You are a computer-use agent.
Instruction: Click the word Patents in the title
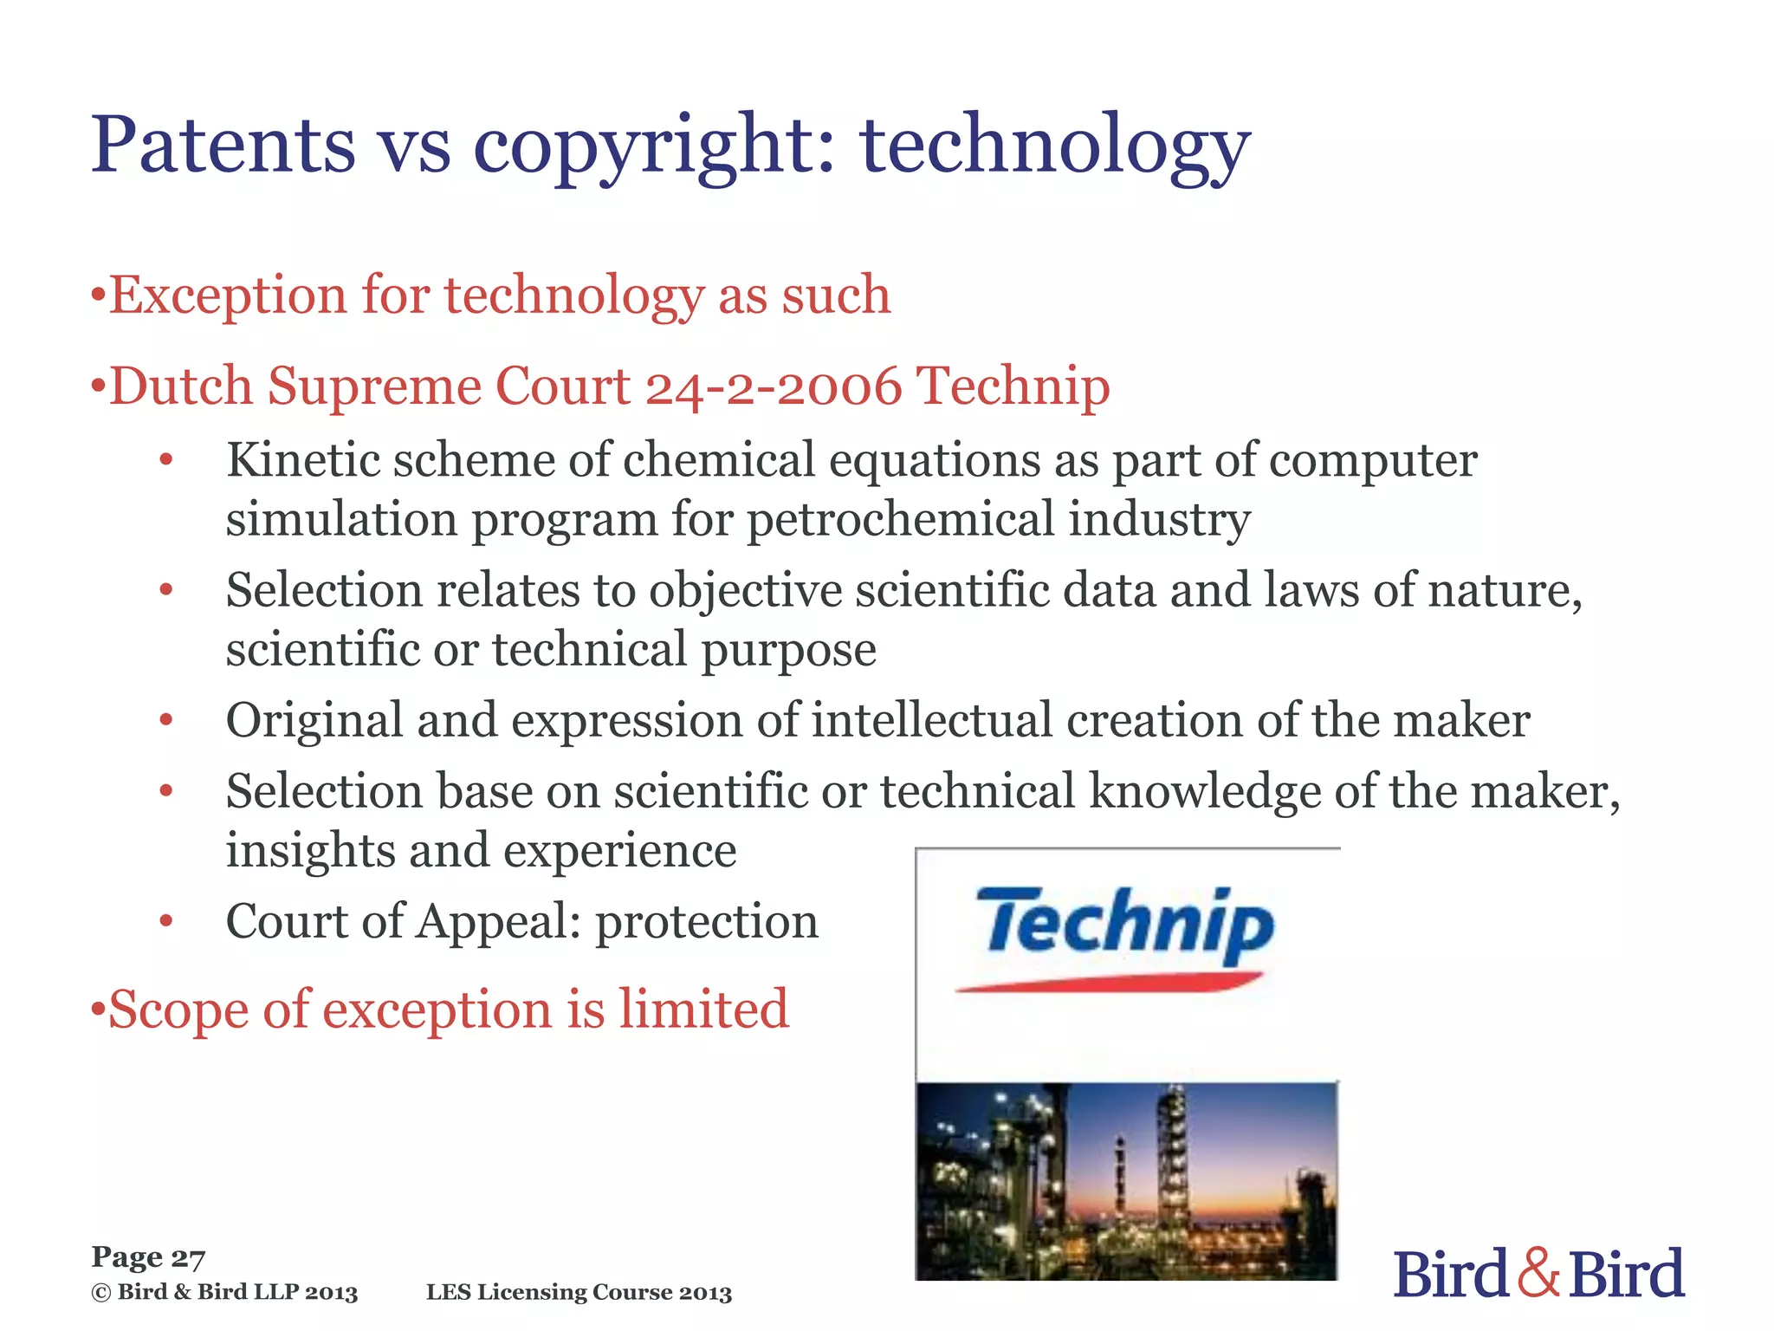pyautogui.click(x=223, y=144)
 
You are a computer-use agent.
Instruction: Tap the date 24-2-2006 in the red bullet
pyautogui.click(x=773, y=386)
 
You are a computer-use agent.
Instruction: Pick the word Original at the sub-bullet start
pyautogui.click(x=314, y=722)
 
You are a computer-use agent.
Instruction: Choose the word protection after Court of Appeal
pyautogui.click(x=706, y=921)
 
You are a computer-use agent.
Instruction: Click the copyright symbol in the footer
pyautogui.click(x=101, y=1293)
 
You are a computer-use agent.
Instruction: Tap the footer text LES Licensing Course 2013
pyautogui.click(x=579, y=1293)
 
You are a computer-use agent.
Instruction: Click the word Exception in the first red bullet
pyautogui.click(x=227, y=295)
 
